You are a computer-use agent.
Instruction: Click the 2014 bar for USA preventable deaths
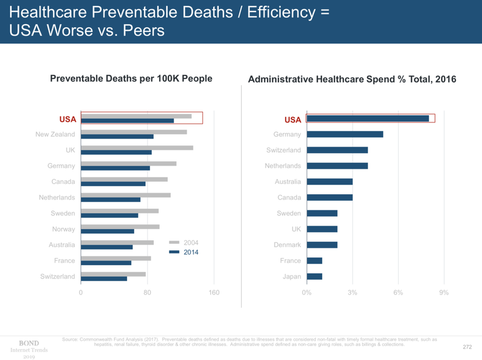127,121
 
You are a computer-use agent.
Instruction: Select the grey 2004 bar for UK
137,147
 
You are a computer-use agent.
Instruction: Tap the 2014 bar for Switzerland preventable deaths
104,279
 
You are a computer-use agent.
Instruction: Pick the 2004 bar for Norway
120,226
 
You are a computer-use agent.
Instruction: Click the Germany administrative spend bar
345,134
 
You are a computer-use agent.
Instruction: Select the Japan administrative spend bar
315,276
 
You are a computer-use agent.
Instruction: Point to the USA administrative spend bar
368,118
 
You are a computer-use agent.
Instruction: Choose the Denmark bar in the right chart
322,245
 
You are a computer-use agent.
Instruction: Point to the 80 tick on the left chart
147,293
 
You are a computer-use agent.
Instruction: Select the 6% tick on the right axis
398,293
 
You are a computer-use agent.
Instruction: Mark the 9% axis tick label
443,293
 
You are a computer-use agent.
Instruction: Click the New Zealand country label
55,134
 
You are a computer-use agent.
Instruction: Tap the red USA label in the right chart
292,119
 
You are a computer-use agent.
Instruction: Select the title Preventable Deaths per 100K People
131,78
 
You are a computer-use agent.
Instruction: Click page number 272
466,347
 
